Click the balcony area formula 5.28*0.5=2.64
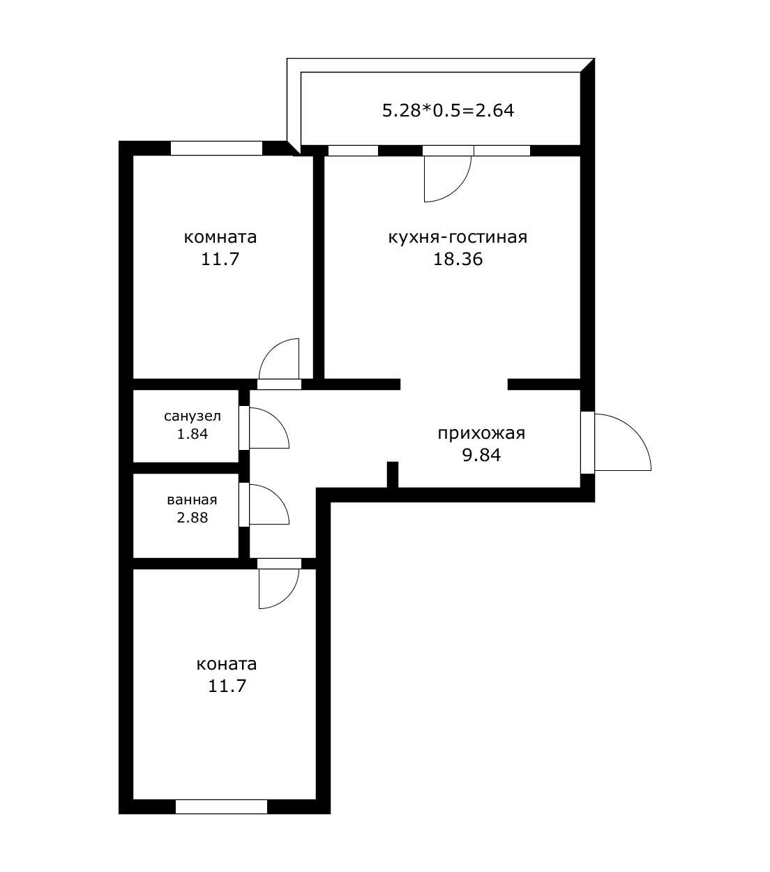[448, 110]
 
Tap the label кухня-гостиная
[458, 237]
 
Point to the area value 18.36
[458, 260]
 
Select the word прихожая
[481, 433]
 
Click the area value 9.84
[481, 456]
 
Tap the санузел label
[192, 416]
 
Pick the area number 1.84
[192, 433]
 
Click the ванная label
[192, 500]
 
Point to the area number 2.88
[192, 518]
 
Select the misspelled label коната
[227, 663]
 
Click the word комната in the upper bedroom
[220, 237]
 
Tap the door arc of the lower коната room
[279, 587]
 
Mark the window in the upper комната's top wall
[216, 148]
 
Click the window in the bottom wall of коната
[221, 806]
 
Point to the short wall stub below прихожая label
[393, 474]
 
